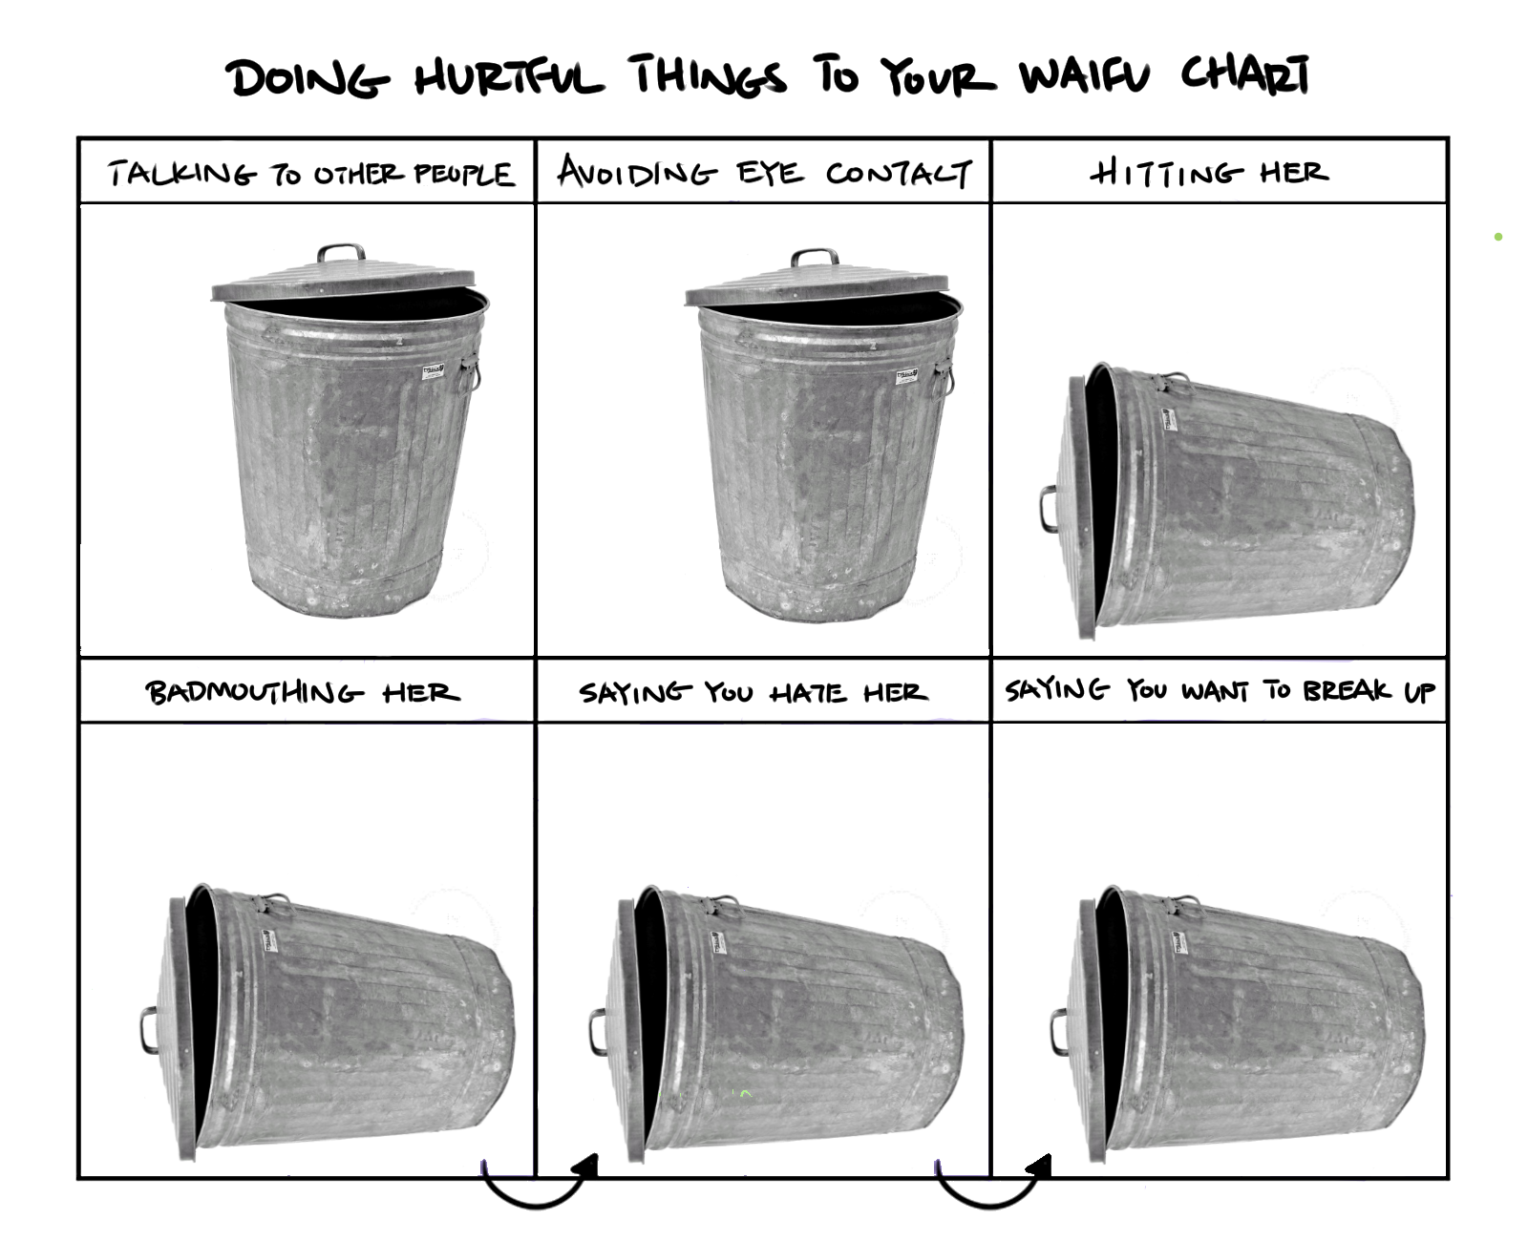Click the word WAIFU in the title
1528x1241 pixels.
tap(1084, 76)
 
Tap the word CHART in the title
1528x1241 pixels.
tap(1245, 74)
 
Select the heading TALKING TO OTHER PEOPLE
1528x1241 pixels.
tap(310, 174)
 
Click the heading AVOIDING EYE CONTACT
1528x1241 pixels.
tap(765, 172)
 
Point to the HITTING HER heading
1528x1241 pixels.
tap(1209, 172)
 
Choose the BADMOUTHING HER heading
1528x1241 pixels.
tap(303, 692)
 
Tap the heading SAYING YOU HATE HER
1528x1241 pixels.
tap(753, 692)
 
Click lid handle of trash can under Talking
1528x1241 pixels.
tap(341, 252)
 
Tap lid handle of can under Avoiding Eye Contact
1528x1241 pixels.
tap(815, 258)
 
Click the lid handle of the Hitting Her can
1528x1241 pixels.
tap(1048, 509)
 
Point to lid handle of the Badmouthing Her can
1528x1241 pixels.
tap(148, 1030)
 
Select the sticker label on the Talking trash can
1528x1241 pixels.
tap(434, 372)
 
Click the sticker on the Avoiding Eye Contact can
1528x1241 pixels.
tap(906, 376)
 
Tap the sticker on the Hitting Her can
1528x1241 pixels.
tap(1169, 419)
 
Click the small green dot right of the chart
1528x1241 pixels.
tap(1497, 237)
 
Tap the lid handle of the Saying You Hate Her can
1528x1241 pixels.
tap(598, 1032)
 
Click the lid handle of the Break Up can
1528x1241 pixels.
tap(1059, 1032)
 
